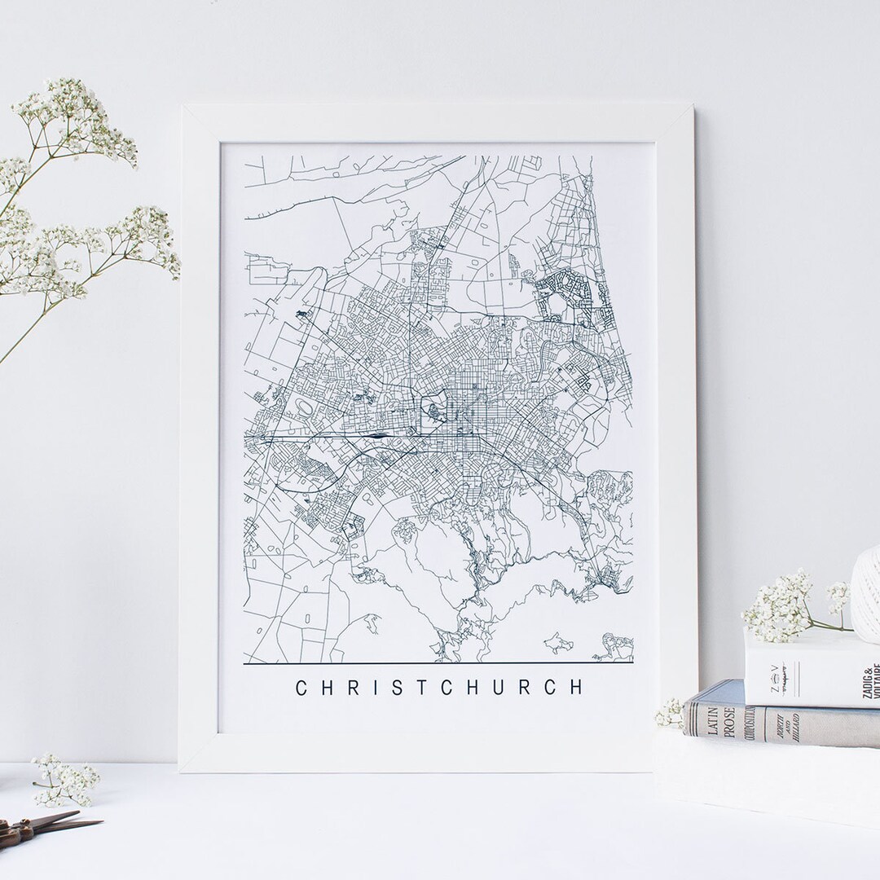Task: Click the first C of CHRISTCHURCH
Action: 301,688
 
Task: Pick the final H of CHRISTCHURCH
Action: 577,688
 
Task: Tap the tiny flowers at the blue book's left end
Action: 671,714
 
